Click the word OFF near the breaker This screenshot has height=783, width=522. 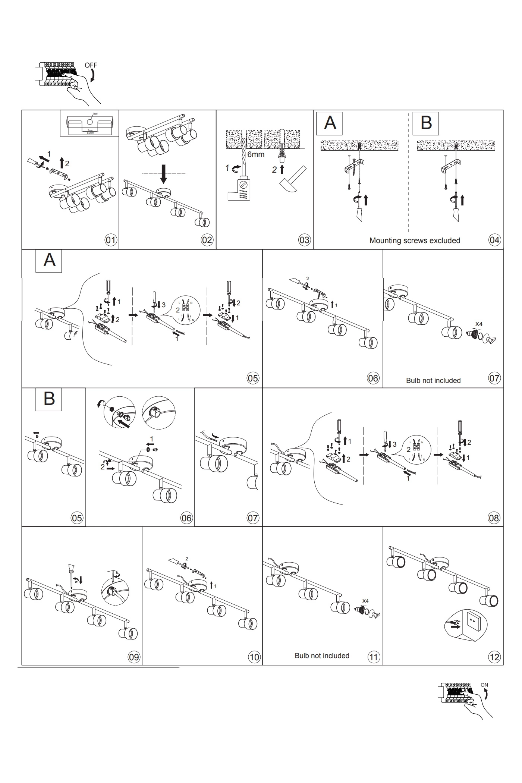(91, 65)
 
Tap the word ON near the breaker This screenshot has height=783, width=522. (484, 685)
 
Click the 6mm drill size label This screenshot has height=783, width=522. (256, 154)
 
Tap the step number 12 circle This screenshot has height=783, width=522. (494, 657)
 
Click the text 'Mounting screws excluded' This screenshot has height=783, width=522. (415, 240)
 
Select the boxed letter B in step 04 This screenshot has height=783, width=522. (426, 123)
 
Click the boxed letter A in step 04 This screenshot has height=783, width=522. (330, 123)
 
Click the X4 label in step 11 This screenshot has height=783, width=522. (365, 601)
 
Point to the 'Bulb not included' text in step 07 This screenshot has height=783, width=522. (433, 380)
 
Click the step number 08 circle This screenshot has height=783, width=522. (494, 518)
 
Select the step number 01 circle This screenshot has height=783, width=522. (111, 240)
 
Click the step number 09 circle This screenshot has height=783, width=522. (134, 657)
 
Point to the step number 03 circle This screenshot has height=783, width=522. (305, 240)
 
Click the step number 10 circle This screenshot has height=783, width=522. (254, 657)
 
